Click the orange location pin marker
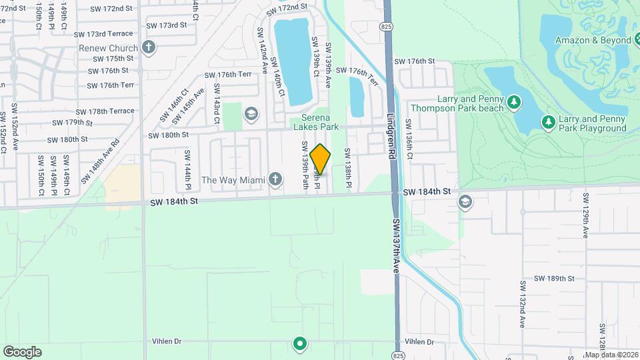click(x=321, y=159)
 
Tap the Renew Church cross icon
click(x=148, y=48)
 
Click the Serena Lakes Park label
click(x=316, y=123)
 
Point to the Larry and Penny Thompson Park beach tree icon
click(x=513, y=102)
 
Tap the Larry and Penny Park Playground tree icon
click(x=548, y=122)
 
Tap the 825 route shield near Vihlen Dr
click(x=398, y=355)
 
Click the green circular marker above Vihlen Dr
click(x=300, y=344)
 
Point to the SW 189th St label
click(x=554, y=279)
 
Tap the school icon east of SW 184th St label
click(x=465, y=202)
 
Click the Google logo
click(x=22, y=351)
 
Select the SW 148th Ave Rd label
click(x=100, y=161)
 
